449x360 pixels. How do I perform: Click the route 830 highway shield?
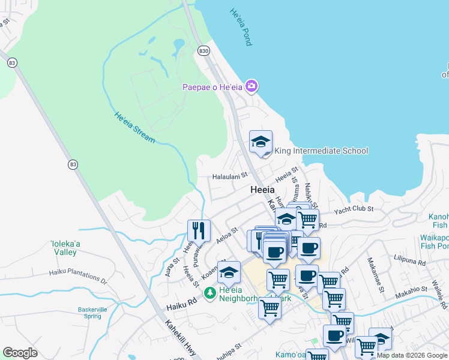[205, 51]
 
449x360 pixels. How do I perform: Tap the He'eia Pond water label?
[241, 27]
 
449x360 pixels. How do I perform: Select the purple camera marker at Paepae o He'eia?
[252, 87]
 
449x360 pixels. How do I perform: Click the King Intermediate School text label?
[321, 151]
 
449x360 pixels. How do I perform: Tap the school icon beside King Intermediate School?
[261, 142]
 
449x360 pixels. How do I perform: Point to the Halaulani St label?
[231, 176]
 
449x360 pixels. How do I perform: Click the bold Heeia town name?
[262, 190]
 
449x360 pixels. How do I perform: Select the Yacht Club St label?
[354, 209]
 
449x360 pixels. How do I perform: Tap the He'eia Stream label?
[135, 127]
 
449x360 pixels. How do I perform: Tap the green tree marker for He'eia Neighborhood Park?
[210, 293]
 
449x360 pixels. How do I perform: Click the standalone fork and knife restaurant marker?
[199, 230]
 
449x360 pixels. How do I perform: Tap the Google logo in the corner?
[20, 353]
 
